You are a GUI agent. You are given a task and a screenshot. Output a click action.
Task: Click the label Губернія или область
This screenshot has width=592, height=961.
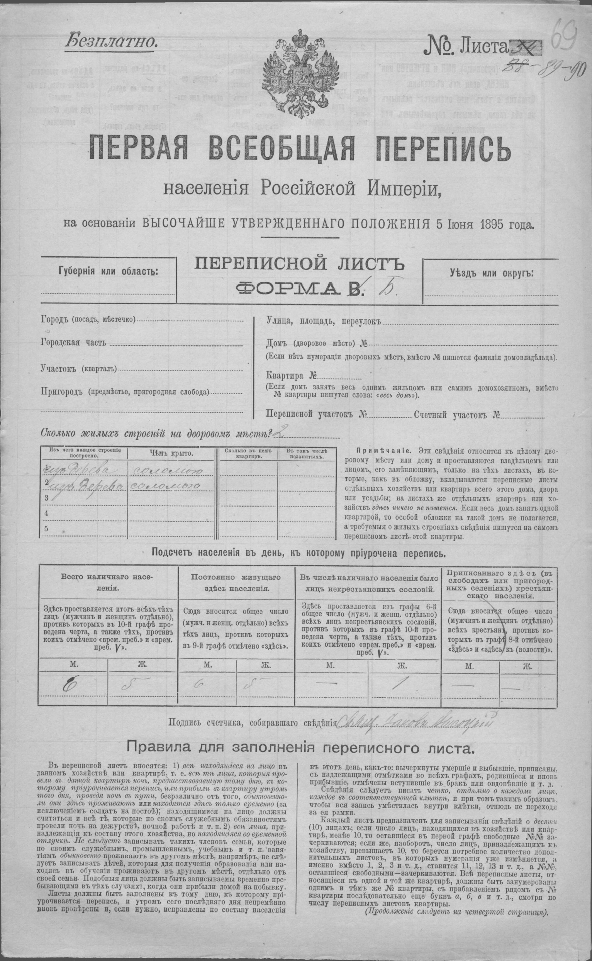tap(109, 271)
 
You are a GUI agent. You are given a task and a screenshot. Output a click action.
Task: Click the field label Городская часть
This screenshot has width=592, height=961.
tap(73, 343)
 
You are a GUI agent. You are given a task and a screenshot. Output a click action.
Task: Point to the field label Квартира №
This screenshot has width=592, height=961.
tap(291, 376)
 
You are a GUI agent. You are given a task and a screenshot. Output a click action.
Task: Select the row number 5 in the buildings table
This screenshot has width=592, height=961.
tap(47, 529)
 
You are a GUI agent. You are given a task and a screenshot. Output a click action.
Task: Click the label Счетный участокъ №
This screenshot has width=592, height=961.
tap(456, 415)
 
